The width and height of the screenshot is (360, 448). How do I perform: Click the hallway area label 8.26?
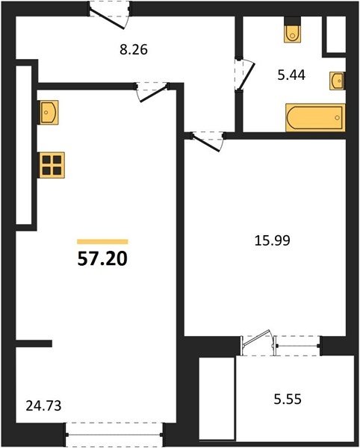pyautogui.click(x=134, y=50)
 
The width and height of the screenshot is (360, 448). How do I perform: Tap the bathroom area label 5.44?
pyautogui.click(x=291, y=75)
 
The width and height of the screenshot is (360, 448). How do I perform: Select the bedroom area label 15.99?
pyautogui.click(x=273, y=240)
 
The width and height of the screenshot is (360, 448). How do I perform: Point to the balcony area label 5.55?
pyautogui.click(x=288, y=399)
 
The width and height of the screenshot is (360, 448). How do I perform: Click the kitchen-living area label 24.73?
pyautogui.click(x=43, y=405)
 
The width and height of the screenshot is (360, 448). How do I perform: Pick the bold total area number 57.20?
pyautogui.click(x=102, y=259)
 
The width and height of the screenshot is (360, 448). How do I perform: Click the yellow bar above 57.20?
pyautogui.click(x=102, y=242)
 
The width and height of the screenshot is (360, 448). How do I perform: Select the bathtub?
pyautogui.click(x=315, y=118)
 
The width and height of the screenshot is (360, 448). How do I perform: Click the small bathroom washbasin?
pyautogui.click(x=337, y=81)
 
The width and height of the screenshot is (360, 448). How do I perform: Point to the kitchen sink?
pyautogui.click(x=49, y=112)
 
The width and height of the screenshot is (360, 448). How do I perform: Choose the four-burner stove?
pyautogui.click(x=52, y=165)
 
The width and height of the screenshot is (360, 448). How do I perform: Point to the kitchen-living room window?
pyautogui.click(x=114, y=435)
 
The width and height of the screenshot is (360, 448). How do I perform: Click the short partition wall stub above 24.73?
pyautogui.click(x=34, y=343)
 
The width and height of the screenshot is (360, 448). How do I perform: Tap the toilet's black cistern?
pyautogui.click(x=293, y=21)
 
